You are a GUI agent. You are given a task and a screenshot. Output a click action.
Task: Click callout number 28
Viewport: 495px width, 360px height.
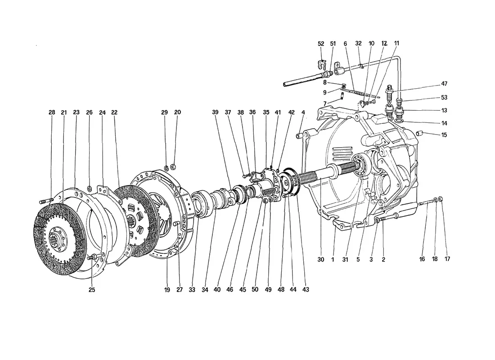tap(52, 112)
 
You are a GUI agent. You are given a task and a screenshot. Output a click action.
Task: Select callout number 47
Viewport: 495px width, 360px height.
tap(444, 84)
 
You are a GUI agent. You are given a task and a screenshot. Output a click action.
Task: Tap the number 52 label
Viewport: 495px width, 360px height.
tap(321, 44)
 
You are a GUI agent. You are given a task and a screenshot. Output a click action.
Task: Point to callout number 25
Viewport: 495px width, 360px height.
tap(91, 290)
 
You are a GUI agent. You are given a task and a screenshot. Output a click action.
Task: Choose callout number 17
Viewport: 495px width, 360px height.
tap(447, 259)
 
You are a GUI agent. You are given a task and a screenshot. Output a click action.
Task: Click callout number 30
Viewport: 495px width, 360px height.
tap(321, 260)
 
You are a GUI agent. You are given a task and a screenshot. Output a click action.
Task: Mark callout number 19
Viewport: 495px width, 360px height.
tap(167, 290)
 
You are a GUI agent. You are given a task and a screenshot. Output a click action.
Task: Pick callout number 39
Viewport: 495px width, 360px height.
tap(215, 112)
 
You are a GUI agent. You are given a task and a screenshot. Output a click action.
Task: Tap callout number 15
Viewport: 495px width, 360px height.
tap(444, 135)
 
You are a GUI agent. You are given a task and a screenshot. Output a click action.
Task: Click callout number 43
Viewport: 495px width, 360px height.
tap(306, 289)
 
